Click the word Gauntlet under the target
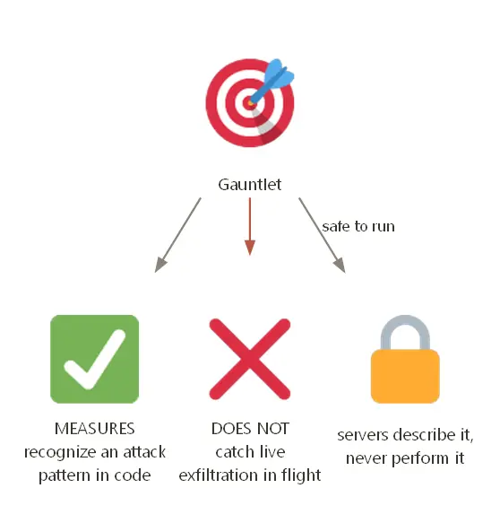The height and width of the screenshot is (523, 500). (249, 185)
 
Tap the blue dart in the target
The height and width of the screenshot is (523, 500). (272, 80)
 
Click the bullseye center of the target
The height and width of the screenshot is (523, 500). (250, 103)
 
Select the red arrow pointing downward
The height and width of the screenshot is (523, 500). (250, 226)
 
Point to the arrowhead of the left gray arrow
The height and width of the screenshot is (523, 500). (160, 265)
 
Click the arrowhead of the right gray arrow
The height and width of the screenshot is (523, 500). (340, 266)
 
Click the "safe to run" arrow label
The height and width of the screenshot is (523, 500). (358, 226)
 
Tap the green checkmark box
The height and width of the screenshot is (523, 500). (95, 359)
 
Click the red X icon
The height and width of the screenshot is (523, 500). (250, 359)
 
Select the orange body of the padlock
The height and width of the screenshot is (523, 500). (405, 376)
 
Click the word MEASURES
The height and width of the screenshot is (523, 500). (95, 429)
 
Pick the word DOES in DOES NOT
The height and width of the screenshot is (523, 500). (228, 429)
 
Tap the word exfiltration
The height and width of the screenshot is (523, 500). (219, 475)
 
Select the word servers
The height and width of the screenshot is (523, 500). (360, 435)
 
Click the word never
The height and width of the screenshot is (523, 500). (366, 458)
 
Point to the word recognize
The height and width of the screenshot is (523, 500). (60, 453)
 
